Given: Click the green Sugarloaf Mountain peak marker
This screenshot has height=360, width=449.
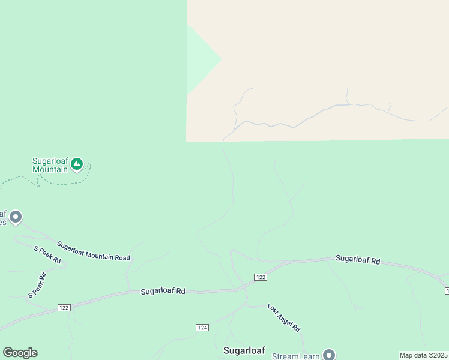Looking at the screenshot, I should point(77,164).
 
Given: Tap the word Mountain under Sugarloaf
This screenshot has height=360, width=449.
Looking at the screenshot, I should point(50,170).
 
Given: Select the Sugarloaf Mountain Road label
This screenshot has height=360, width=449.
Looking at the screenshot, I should point(94,251).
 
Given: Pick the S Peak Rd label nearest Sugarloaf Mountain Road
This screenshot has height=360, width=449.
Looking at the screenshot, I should point(47,255).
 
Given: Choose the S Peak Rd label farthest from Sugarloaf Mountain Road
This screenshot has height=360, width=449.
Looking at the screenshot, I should point(37,286).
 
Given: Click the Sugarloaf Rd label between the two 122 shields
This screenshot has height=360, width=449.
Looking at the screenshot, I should point(163,291).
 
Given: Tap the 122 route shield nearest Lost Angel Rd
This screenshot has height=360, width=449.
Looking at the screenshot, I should point(260,277).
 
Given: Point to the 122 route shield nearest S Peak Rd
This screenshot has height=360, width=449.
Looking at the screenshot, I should point(64,307).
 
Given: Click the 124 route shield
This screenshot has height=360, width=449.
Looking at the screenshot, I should point(202,327).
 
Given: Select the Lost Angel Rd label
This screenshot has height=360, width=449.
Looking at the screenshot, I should point(283,318).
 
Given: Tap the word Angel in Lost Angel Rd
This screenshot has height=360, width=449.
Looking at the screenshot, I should point(284,319).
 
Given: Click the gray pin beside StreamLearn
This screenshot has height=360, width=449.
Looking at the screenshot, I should point(328,355).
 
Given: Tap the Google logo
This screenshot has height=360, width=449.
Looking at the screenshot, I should point(20,353).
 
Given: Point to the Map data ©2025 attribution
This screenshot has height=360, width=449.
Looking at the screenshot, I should point(424,355).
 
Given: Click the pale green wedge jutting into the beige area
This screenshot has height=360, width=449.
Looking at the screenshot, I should point(201,59).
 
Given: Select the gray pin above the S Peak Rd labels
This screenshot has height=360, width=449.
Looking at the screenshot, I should point(16,217).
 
